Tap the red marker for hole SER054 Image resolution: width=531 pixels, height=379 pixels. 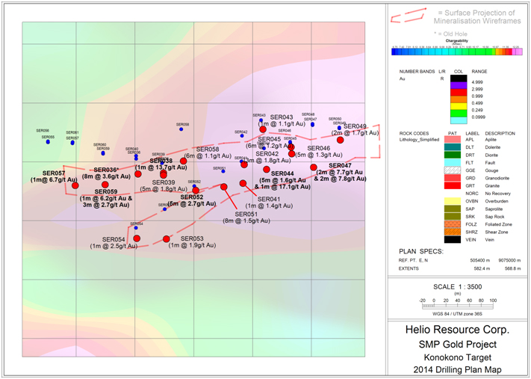[x=137, y=238]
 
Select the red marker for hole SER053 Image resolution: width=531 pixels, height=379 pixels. [x=167, y=238]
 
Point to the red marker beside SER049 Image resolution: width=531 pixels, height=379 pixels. [x=340, y=139]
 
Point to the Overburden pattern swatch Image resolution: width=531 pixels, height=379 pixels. [x=450, y=200]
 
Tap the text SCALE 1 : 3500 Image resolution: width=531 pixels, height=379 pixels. [x=459, y=286]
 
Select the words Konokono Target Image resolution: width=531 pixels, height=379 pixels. [x=458, y=357]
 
